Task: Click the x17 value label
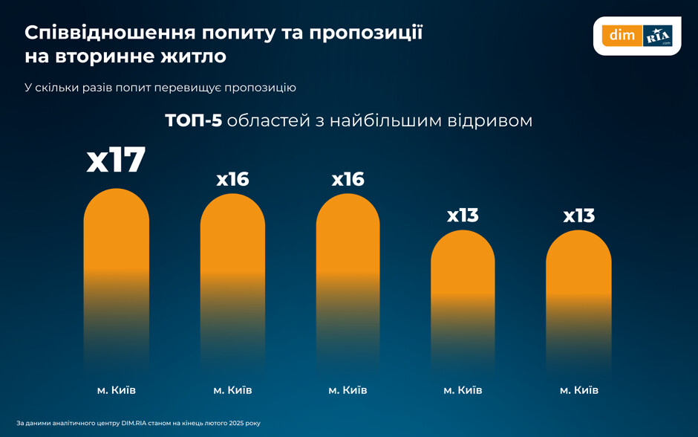(x=116, y=161)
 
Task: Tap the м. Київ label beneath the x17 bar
(x=116, y=389)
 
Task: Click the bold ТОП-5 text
(x=193, y=120)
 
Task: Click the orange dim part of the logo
(x=619, y=35)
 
